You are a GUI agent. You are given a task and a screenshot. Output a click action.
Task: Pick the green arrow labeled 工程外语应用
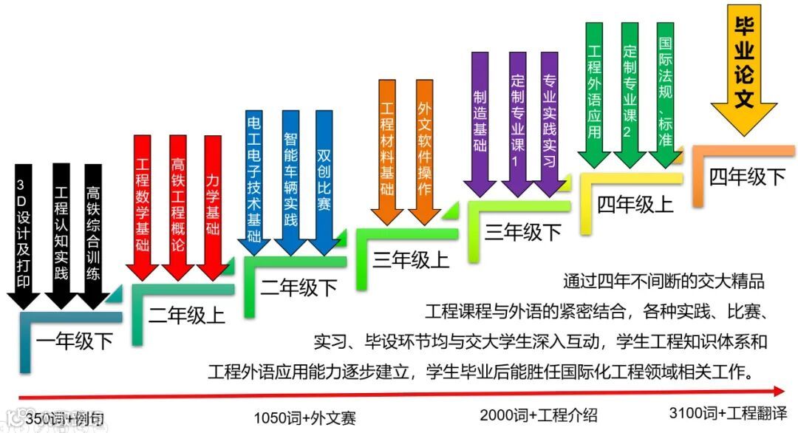(x=594, y=92)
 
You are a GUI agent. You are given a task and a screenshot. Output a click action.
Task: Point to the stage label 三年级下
(x=523, y=231)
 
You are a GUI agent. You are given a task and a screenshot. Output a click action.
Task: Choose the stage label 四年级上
(x=635, y=203)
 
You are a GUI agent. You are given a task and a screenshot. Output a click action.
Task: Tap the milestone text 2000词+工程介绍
(x=538, y=414)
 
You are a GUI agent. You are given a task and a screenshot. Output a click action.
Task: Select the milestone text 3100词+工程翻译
(x=728, y=413)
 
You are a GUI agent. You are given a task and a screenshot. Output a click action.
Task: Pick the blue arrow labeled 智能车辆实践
(x=290, y=181)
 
